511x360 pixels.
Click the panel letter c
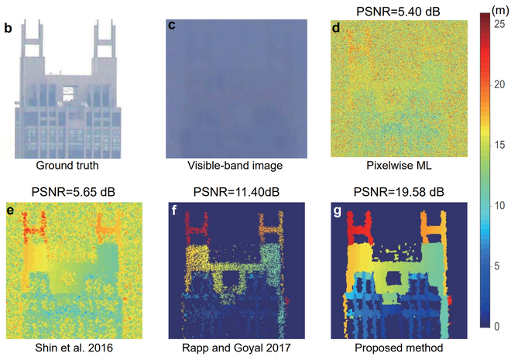(172, 26)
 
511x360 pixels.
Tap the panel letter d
(335, 29)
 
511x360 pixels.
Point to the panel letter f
(173, 208)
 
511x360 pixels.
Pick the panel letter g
(336, 208)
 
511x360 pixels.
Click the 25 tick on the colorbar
(500, 26)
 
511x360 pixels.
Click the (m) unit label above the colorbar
(495, 9)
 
